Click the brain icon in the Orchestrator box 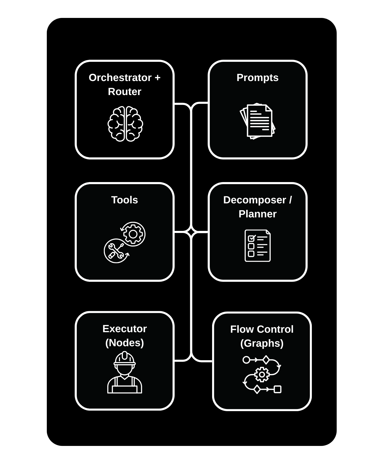125,124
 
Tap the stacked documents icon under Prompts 258,121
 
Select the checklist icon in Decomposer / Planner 258,245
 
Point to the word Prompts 257,78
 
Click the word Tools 124,200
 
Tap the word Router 124,92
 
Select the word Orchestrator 120,78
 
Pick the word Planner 257,214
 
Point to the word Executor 124,329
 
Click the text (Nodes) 124,343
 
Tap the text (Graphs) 262,343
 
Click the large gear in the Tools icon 133,234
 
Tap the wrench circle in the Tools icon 116,251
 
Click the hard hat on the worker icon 125,358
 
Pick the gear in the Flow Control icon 262,375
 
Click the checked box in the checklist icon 251,238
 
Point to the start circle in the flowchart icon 246,360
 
